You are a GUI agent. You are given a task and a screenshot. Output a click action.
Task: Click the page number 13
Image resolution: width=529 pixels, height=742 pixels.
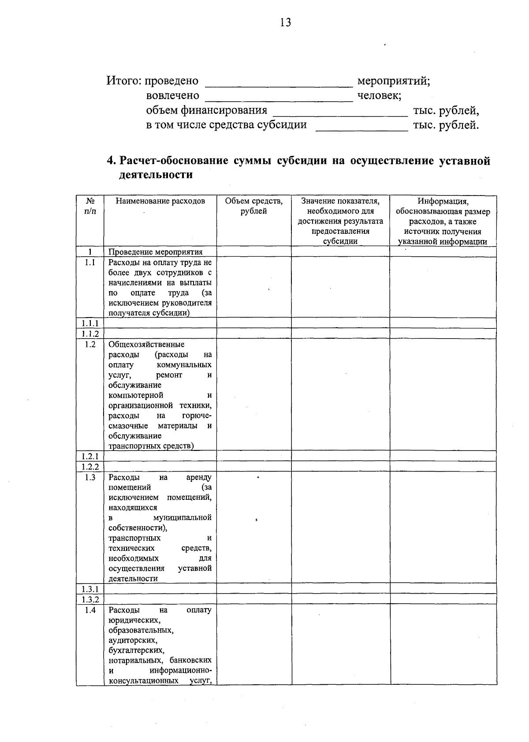(285, 23)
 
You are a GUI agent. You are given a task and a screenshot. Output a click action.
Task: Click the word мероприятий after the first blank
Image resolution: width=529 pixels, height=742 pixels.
(393, 81)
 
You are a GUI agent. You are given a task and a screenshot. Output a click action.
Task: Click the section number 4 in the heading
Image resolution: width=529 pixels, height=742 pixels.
(111, 161)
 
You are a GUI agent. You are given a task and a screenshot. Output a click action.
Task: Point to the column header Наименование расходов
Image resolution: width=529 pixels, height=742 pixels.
(160, 202)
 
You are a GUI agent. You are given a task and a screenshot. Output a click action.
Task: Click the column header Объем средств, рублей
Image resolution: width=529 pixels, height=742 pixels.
(253, 206)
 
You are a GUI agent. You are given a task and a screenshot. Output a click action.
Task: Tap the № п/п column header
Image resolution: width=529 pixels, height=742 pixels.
(90, 206)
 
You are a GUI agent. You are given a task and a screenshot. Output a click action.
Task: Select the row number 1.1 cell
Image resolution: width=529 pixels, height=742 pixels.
(90, 262)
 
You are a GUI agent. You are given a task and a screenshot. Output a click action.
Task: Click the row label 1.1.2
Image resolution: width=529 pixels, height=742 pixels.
(90, 334)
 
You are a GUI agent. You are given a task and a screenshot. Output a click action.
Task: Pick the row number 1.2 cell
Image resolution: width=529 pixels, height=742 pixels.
(90, 344)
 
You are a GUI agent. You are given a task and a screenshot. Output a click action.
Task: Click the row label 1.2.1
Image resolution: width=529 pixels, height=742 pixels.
(90, 456)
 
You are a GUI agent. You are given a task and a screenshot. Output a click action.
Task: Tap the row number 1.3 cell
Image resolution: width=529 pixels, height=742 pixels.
(90, 477)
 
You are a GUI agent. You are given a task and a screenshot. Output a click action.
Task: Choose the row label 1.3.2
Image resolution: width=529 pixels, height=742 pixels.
(90, 599)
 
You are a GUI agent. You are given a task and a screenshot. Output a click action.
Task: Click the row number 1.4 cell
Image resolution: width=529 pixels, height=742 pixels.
(90, 610)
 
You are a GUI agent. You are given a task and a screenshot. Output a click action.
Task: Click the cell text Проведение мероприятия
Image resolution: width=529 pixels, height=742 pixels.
(155, 252)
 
